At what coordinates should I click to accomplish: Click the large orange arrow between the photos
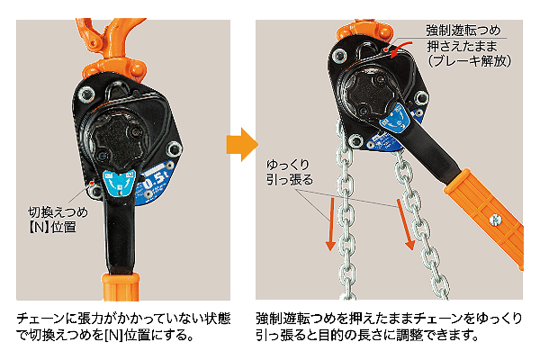(x=242, y=144)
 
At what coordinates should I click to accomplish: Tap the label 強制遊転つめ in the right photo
(x=463, y=31)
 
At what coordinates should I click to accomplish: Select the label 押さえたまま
(x=463, y=46)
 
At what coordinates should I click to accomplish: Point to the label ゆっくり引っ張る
(x=290, y=172)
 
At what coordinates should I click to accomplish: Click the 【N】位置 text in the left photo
(x=51, y=227)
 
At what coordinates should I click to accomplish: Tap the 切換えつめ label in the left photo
(x=58, y=212)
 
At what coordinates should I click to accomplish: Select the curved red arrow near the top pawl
(x=401, y=49)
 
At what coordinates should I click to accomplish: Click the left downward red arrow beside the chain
(x=331, y=224)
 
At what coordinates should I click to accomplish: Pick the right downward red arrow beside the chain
(x=405, y=224)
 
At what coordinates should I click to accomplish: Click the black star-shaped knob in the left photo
(x=114, y=141)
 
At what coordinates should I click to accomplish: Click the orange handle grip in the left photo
(x=121, y=286)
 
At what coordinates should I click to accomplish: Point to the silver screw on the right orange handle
(x=494, y=220)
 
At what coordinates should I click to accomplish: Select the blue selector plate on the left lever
(x=119, y=183)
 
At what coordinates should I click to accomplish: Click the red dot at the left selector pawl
(x=92, y=182)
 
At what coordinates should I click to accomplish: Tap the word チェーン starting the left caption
(x=40, y=319)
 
